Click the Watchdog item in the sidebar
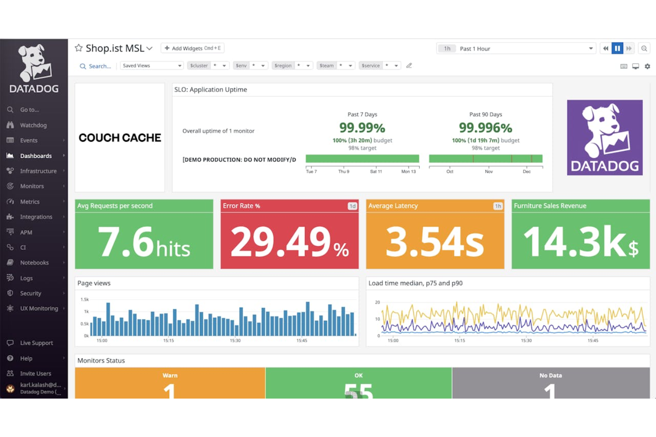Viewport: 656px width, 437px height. click(33, 125)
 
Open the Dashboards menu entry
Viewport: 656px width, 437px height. click(35, 156)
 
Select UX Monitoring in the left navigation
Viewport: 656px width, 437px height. click(39, 309)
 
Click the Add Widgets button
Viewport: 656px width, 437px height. click(192, 48)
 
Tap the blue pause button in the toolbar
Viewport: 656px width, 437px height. click(617, 49)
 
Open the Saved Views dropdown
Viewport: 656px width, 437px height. click(152, 66)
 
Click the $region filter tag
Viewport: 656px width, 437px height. click(283, 66)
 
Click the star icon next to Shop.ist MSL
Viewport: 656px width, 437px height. click(79, 48)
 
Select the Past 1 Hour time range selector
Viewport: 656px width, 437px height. click(515, 49)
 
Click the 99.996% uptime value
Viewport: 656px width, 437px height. click(485, 128)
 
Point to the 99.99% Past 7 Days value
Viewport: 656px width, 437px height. click(362, 128)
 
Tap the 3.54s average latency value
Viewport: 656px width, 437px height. click(435, 242)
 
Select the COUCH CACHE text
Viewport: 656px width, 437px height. click(120, 138)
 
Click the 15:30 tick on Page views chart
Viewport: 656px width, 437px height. click(235, 340)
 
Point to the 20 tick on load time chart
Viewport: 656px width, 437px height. click(378, 302)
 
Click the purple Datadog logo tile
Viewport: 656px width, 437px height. click(605, 138)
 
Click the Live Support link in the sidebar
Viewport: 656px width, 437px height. click(36, 343)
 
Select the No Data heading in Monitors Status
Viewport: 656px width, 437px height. click(551, 375)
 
